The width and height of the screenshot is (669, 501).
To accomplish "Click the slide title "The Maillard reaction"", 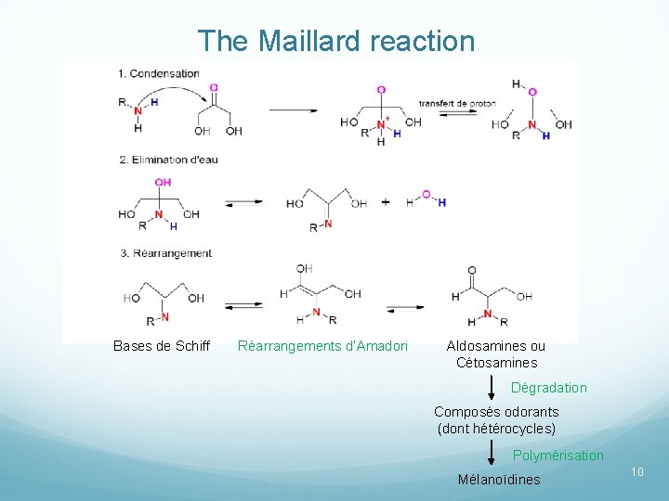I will [335, 41].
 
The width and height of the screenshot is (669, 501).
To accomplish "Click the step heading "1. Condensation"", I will [159, 73].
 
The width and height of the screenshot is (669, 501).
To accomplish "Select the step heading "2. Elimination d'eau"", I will [168, 160].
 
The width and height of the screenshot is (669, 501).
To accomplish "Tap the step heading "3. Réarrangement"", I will [165, 253].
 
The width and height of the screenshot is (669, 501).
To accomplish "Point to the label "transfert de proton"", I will [457, 103].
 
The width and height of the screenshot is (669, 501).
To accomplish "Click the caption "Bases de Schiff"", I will [162, 346].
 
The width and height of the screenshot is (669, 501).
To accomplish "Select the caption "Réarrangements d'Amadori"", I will [322, 346].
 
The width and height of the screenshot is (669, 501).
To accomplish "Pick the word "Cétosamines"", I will [496, 363].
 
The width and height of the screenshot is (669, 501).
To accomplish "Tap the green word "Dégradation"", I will [549, 388].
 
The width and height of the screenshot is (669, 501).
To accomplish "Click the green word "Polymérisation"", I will [557, 456].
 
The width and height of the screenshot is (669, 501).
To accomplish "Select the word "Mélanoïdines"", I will [499, 480].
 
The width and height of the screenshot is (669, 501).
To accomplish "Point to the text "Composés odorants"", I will [496, 412].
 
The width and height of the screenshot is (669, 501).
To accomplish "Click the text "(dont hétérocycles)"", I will [496, 429].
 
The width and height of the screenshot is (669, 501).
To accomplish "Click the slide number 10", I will [637, 473].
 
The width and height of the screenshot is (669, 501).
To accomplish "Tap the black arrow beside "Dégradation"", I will [492, 385].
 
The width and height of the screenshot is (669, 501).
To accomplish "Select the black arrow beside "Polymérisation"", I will [492, 454].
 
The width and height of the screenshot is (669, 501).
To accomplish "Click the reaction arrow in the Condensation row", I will [294, 110].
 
